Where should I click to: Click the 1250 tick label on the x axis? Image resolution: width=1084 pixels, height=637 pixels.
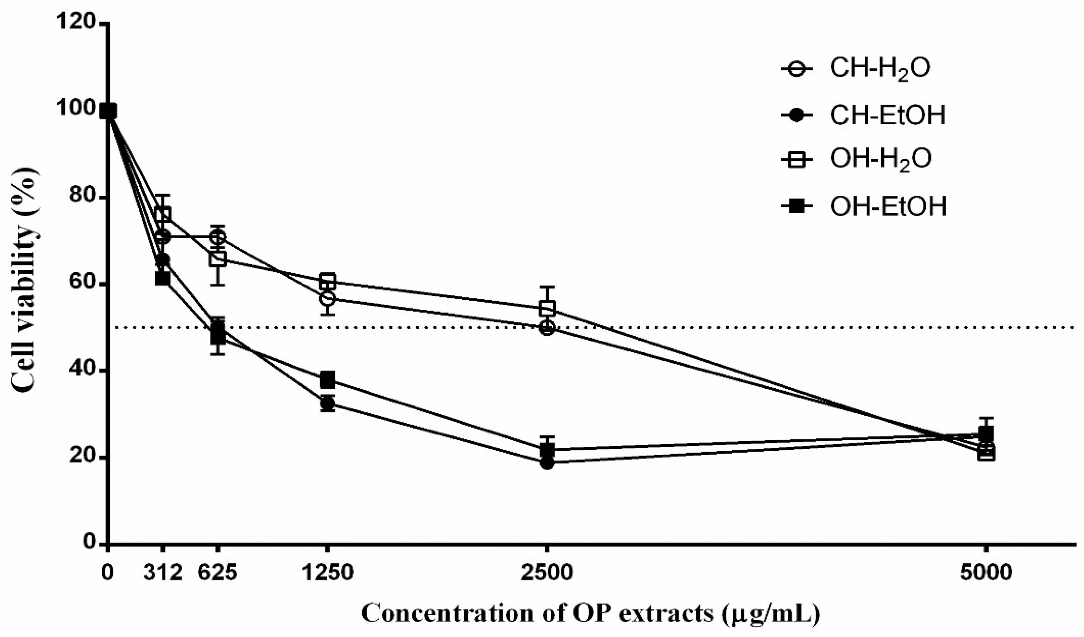(x=327, y=573)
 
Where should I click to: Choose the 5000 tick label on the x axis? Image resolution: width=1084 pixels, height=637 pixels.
(x=986, y=573)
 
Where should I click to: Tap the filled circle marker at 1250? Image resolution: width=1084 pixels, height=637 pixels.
(x=327, y=403)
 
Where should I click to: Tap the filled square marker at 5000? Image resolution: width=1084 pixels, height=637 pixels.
(x=986, y=433)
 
